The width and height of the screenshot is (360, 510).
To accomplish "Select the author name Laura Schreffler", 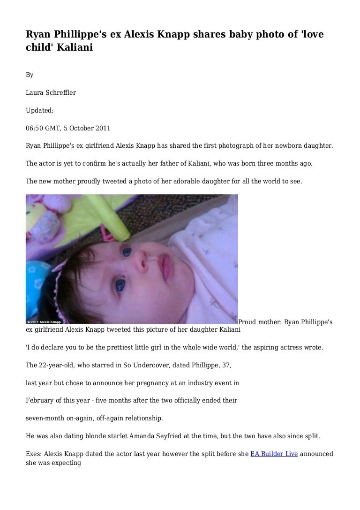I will click(x=51, y=92).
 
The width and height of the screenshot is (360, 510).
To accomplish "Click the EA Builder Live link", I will click(x=274, y=454).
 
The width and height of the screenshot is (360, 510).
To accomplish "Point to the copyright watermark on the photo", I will click(x=44, y=321).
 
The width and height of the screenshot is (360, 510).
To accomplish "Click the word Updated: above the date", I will click(x=40, y=110).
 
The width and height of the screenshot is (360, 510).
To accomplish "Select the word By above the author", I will click(x=30, y=75).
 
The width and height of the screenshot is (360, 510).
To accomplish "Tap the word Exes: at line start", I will click(x=34, y=454).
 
